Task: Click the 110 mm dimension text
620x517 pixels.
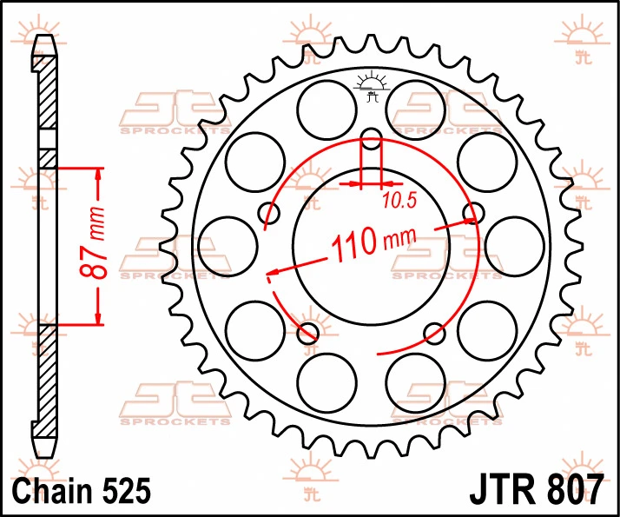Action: pyautogui.click(x=373, y=243)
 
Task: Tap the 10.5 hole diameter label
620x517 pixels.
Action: pyautogui.click(x=399, y=201)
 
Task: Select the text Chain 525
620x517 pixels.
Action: pyautogui.click(x=82, y=490)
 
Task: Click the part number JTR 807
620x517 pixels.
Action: pyautogui.click(x=536, y=490)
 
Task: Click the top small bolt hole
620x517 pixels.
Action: pyautogui.click(x=372, y=139)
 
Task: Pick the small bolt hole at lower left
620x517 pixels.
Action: pyautogui.click(x=308, y=333)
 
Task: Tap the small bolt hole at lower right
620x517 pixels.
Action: pyautogui.click(x=434, y=333)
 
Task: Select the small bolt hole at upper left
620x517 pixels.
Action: pyautogui.click(x=269, y=213)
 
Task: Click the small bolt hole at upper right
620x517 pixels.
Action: pyautogui.click(x=473, y=213)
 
